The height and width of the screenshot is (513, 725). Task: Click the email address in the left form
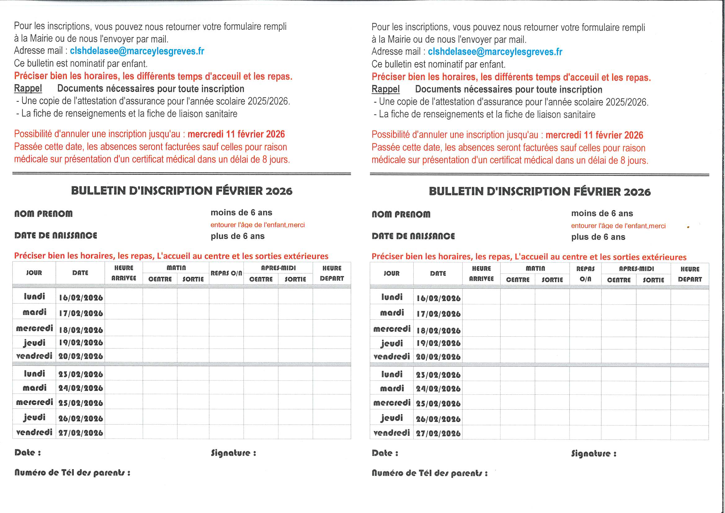pyautogui.click(x=137, y=51)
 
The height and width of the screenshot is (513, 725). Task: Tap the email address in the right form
pyautogui.click(x=495, y=52)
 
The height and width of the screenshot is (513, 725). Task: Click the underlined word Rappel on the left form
pyautogui.click(x=28, y=88)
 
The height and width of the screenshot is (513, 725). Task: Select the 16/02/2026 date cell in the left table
pyautogui.click(x=81, y=297)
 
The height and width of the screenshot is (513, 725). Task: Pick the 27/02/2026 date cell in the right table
pyautogui.click(x=438, y=433)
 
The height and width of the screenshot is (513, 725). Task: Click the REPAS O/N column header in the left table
pyautogui.click(x=226, y=273)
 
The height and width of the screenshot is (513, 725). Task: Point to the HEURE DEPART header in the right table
pyautogui.click(x=690, y=274)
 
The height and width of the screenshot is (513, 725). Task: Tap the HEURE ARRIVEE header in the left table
pyautogui.click(x=123, y=273)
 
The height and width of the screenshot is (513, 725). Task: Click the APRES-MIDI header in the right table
pyautogui.click(x=636, y=269)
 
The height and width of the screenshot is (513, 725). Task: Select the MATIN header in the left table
pyautogui.click(x=176, y=268)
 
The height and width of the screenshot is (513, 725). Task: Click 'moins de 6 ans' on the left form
pyautogui.click(x=241, y=212)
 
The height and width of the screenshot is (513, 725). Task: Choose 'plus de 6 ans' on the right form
pyautogui.click(x=598, y=237)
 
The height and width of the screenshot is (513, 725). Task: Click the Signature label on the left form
pyautogui.click(x=234, y=453)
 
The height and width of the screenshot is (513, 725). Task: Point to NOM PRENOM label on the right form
pyautogui.click(x=401, y=214)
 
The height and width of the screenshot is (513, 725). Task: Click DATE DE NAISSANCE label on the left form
pyautogui.click(x=56, y=235)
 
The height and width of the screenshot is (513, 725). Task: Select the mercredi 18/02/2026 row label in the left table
pyautogui.click(x=34, y=328)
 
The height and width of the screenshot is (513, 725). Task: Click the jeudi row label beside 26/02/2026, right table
pyautogui.click(x=392, y=418)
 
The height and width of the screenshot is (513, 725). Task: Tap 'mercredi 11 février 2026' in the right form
pyautogui.click(x=594, y=135)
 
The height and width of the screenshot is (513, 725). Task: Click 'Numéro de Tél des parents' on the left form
pyautogui.click(x=72, y=473)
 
